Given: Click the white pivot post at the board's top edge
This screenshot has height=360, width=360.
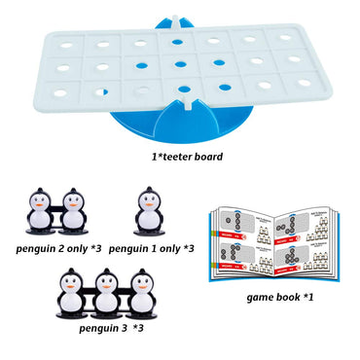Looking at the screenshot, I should point(179,21).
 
